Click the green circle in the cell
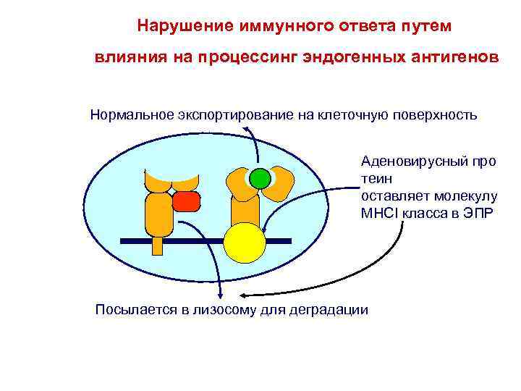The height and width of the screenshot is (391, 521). (x=258, y=178)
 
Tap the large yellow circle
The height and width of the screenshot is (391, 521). (x=245, y=243)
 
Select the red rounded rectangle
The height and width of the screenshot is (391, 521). (x=186, y=201)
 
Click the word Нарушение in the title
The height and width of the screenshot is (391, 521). (x=182, y=26)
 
